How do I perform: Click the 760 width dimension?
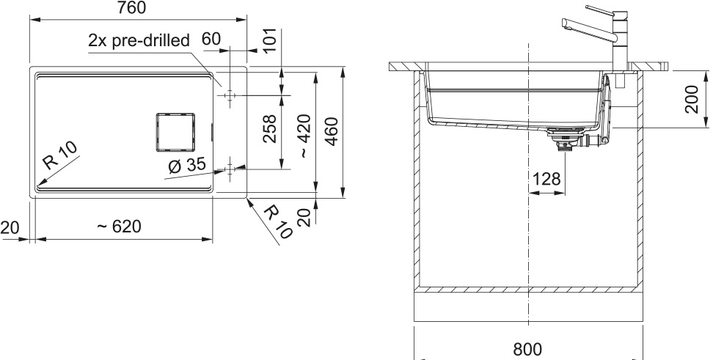tap(132, 8)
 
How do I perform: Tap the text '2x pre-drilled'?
tap(139, 41)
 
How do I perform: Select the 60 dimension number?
tap(211, 39)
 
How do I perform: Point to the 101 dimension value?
tap(270, 41)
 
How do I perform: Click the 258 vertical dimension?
tap(270, 128)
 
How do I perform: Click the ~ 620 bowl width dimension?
tap(119, 226)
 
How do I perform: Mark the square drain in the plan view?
tap(175, 132)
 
